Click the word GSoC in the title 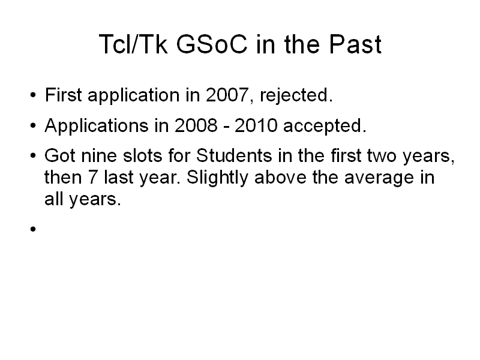point(212,44)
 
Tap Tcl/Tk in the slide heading point(133,44)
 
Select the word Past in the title point(355,44)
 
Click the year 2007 point(227,95)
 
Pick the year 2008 point(196,125)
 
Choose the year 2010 point(256,125)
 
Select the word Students point(234,155)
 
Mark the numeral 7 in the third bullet point(93,177)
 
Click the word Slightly point(217,178)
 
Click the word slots point(142,155)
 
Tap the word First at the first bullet point(64,95)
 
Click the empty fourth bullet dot point(33,229)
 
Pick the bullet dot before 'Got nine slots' point(33,155)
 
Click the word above point(280,177)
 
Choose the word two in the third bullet point(382,156)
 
